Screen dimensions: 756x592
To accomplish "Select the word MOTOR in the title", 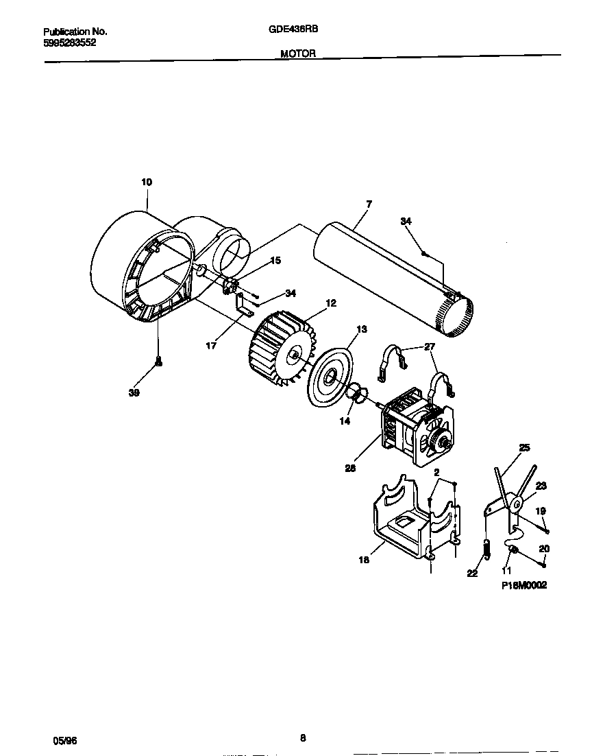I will coord(298,54).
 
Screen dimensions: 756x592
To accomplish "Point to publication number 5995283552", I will coord(69,42).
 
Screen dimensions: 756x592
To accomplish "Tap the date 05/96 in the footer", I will coord(65,741).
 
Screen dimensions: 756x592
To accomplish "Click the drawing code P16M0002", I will coord(524,585).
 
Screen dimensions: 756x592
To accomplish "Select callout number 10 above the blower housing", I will coord(147,182).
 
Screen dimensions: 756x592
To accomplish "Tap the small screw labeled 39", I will coord(159,361).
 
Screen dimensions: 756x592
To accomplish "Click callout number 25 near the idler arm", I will coord(524,448).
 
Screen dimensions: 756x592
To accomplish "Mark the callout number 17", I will coord(211,346).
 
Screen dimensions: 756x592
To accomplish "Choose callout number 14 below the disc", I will coord(345,421).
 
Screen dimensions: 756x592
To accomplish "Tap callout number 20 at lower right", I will coord(544,548).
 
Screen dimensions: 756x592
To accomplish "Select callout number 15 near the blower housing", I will coord(275,260).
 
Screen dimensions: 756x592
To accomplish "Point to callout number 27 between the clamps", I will coord(430,347).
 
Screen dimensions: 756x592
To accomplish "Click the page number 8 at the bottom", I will coord(302,738).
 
